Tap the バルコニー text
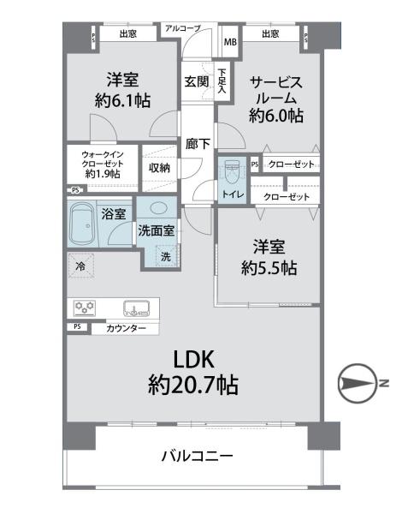(x=197, y=456)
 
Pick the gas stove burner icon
(x=86, y=308)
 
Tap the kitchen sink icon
(x=135, y=308)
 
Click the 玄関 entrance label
(x=196, y=82)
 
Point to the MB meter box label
(x=229, y=41)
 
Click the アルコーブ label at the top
(x=182, y=28)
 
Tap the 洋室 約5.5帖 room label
(x=268, y=257)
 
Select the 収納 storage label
(x=159, y=168)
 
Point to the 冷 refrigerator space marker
(x=79, y=266)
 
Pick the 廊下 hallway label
(x=198, y=144)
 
